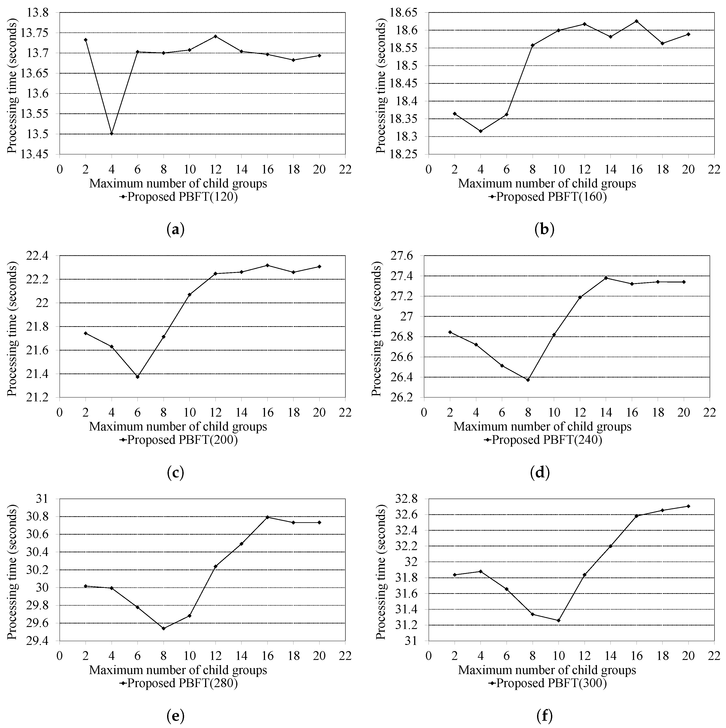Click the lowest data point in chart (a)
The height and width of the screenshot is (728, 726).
[x=112, y=133]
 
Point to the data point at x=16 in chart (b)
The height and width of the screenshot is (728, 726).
[x=636, y=21]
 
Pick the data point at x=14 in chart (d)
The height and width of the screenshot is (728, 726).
[x=606, y=278]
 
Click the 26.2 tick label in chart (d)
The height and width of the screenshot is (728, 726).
[x=403, y=398]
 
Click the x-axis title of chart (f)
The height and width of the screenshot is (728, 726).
[x=547, y=670]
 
